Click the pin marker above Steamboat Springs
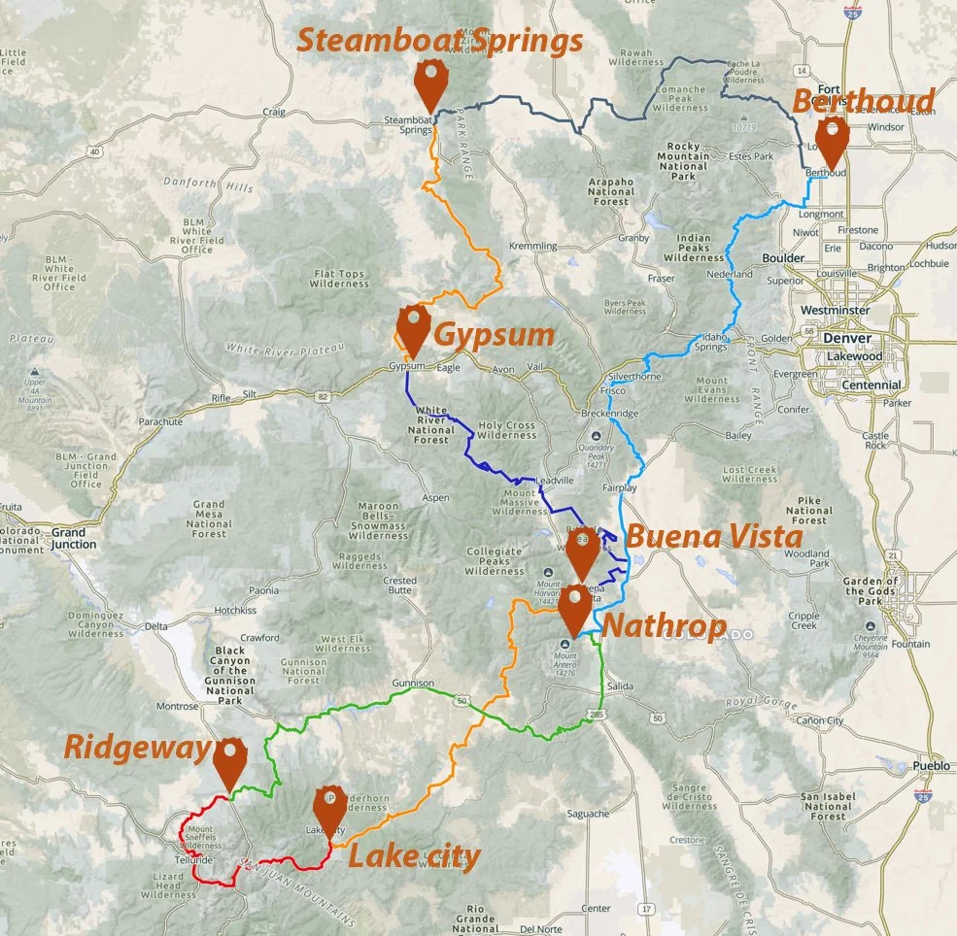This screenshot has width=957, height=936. [x=429, y=84]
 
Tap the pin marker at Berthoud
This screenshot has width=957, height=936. [x=831, y=142]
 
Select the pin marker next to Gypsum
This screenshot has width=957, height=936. [x=411, y=330]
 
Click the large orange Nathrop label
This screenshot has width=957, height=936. [x=665, y=626]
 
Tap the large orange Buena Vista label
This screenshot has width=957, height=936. [x=713, y=537]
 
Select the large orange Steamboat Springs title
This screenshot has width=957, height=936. [x=439, y=41]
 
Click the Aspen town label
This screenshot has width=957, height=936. [x=436, y=497]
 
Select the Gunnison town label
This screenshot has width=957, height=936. [x=413, y=684]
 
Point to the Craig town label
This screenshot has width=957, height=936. [x=274, y=112]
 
